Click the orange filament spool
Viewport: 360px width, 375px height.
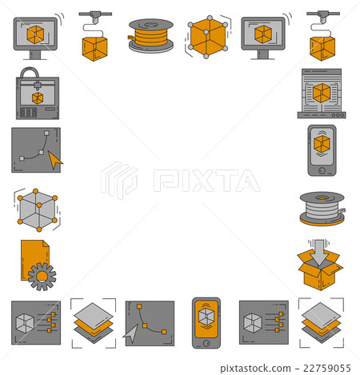[x=150, y=35]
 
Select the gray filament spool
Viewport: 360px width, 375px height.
[x=322, y=207]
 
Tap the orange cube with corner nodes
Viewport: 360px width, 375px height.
[x=206, y=36]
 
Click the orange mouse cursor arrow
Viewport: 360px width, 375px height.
[x=54, y=160]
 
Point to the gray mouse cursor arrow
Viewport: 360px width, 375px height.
[x=131, y=333]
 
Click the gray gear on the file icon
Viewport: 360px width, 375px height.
[x=42, y=276]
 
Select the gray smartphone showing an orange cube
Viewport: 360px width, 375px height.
[x=322, y=149]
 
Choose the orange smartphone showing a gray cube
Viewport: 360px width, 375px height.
[x=206, y=322]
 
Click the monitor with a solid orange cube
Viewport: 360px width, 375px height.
[x=35, y=36]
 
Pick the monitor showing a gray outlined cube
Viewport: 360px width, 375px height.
[x=263, y=36]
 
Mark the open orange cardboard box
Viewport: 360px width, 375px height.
[x=321, y=272]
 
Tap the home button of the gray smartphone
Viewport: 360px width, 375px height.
[x=322, y=170]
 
